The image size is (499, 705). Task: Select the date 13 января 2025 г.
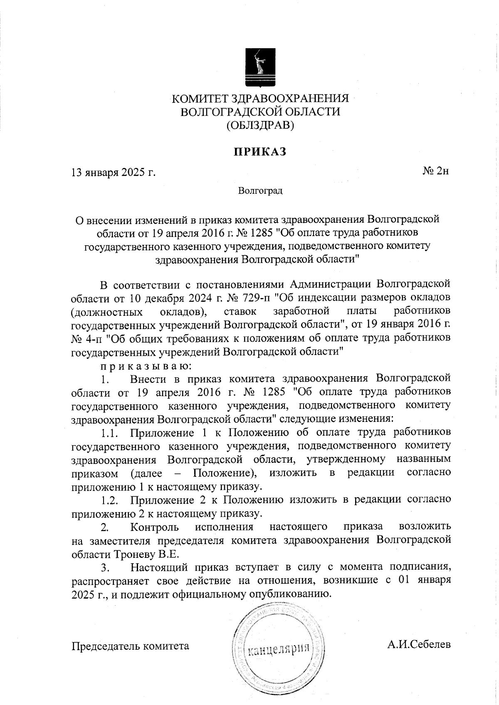pos(114,172)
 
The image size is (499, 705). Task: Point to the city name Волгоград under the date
pos(260,191)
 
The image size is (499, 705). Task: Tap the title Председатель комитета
pos(131,646)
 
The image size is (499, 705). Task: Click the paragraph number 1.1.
pos(109,434)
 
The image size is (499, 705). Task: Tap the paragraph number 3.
pos(105,568)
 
